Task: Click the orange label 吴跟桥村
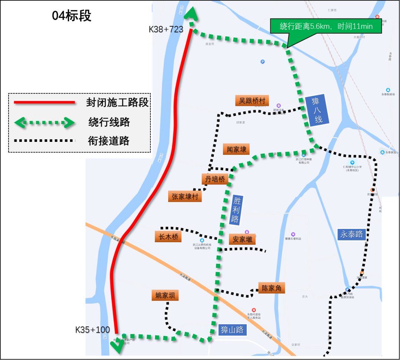point(252,101)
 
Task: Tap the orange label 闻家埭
point(236,149)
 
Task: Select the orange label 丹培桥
point(215,179)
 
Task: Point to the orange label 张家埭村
point(185,196)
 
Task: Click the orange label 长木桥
point(168,237)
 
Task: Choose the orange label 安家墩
point(242,239)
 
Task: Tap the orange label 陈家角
point(271,288)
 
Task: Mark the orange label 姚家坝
point(165,295)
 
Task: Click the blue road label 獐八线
point(317,110)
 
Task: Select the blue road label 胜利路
point(236,210)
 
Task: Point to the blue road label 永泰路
point(352,234)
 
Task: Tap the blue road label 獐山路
point(232,330)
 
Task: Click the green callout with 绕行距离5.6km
point(326,26)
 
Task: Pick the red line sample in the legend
point(44,103)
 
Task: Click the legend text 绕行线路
point(109,122)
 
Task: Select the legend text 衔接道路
point(109,141)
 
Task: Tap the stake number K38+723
point(167,29)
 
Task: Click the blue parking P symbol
point(263,62)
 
